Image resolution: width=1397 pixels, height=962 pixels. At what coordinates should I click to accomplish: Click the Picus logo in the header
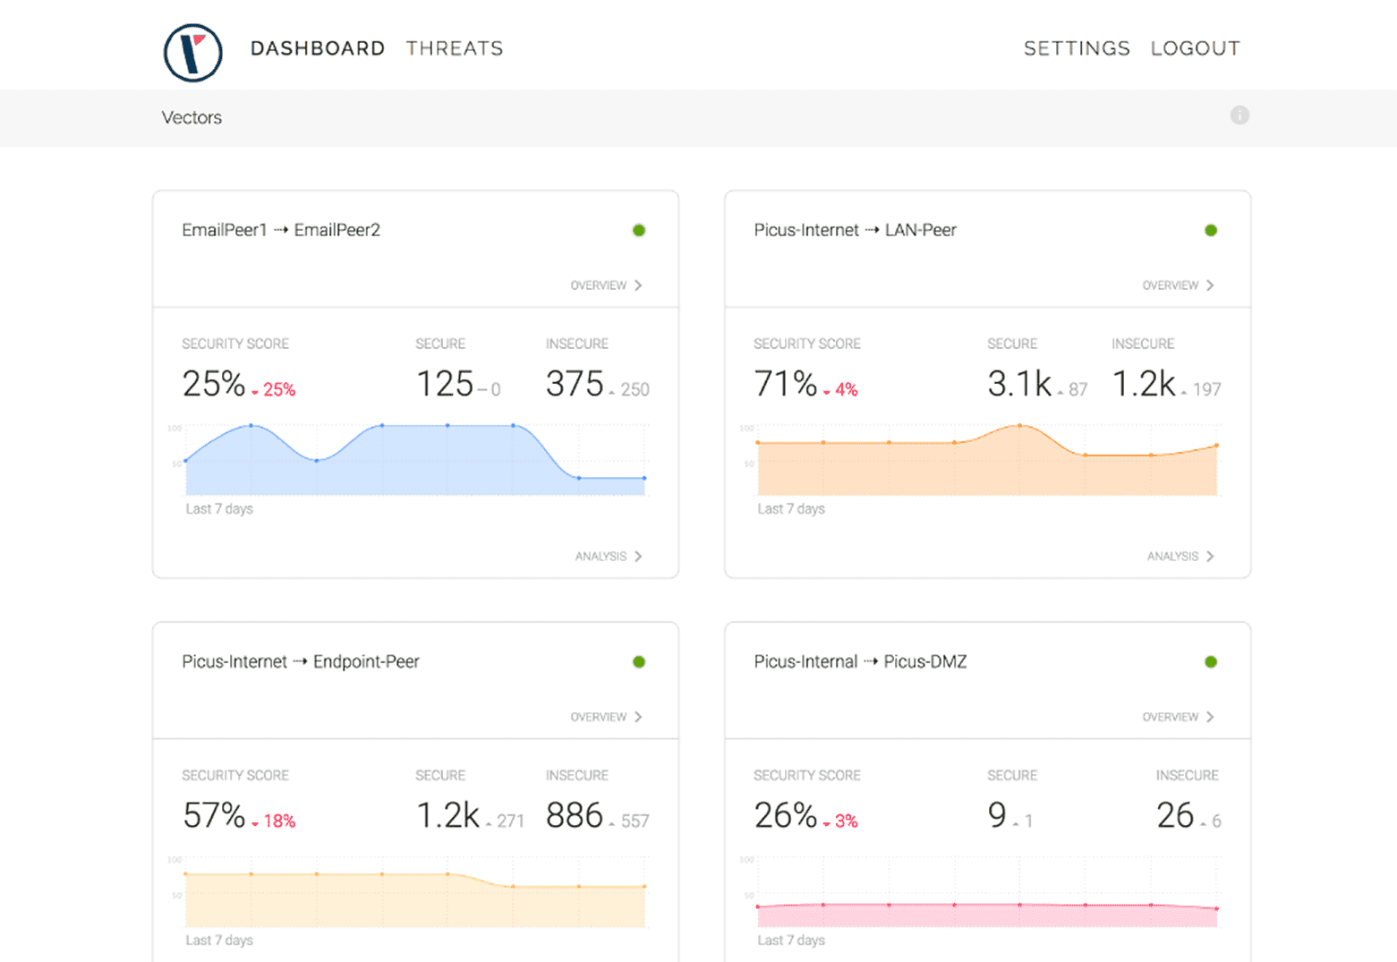pyautogui.click(x=192, y=53)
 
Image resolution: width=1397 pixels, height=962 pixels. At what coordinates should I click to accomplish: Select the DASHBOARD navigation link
pyautogui.click(x=317, y=48)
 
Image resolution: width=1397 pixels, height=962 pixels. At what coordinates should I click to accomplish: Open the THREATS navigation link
pyautogui.click(x=455, y=48)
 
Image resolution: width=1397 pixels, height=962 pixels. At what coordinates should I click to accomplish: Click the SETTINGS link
pyautogui.click(x=1077, y=48)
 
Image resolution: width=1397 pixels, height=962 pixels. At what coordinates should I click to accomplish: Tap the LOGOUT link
pyautogui.click(x=1195, y=48)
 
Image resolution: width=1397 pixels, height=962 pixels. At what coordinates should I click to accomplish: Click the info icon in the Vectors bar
pyautogui.click(x=1239, y=115)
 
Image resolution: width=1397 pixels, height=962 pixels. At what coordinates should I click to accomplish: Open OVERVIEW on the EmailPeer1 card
pyautogui.click(x=606, y=285)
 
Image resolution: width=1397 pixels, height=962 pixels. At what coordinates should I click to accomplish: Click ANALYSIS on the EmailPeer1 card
pyautogui.click(x=608, y=557)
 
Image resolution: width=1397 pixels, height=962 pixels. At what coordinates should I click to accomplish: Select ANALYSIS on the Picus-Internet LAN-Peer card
pyautogui.click(x=1180, y=557)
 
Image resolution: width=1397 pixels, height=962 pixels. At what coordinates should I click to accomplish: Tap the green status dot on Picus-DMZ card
pyautogui.click(x=1211, y=662)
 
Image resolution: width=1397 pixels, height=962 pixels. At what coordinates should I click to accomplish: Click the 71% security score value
pyautogui.click(x=785, y=384)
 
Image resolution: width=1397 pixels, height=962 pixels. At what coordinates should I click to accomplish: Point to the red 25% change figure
pyautogui.click(x=278, y=390)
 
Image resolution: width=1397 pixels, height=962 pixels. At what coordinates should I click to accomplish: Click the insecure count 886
pyautogui.click(x=575, y=815)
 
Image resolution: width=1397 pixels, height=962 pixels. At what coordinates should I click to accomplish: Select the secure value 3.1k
pyautogui.click(x=1019, y=384)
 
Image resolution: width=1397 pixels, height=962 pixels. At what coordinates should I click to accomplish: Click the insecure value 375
pyautogui.click(x=575, y=384)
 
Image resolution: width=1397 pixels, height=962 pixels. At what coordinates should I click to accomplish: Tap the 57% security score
pyautogui.click(x=214, y=815)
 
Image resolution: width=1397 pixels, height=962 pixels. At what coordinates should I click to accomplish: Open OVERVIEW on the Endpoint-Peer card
pyautogui.click(x=606, y=717)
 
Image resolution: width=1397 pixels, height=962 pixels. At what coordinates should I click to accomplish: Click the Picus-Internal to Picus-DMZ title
pyautogui.click(x=860, y=662)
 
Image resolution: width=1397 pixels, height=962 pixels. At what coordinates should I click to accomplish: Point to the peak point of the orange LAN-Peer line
pyautogui.click(x=1019, y=426)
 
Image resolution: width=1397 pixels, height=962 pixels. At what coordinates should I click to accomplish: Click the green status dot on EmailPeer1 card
pyautogui.click(x=639, y=231)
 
